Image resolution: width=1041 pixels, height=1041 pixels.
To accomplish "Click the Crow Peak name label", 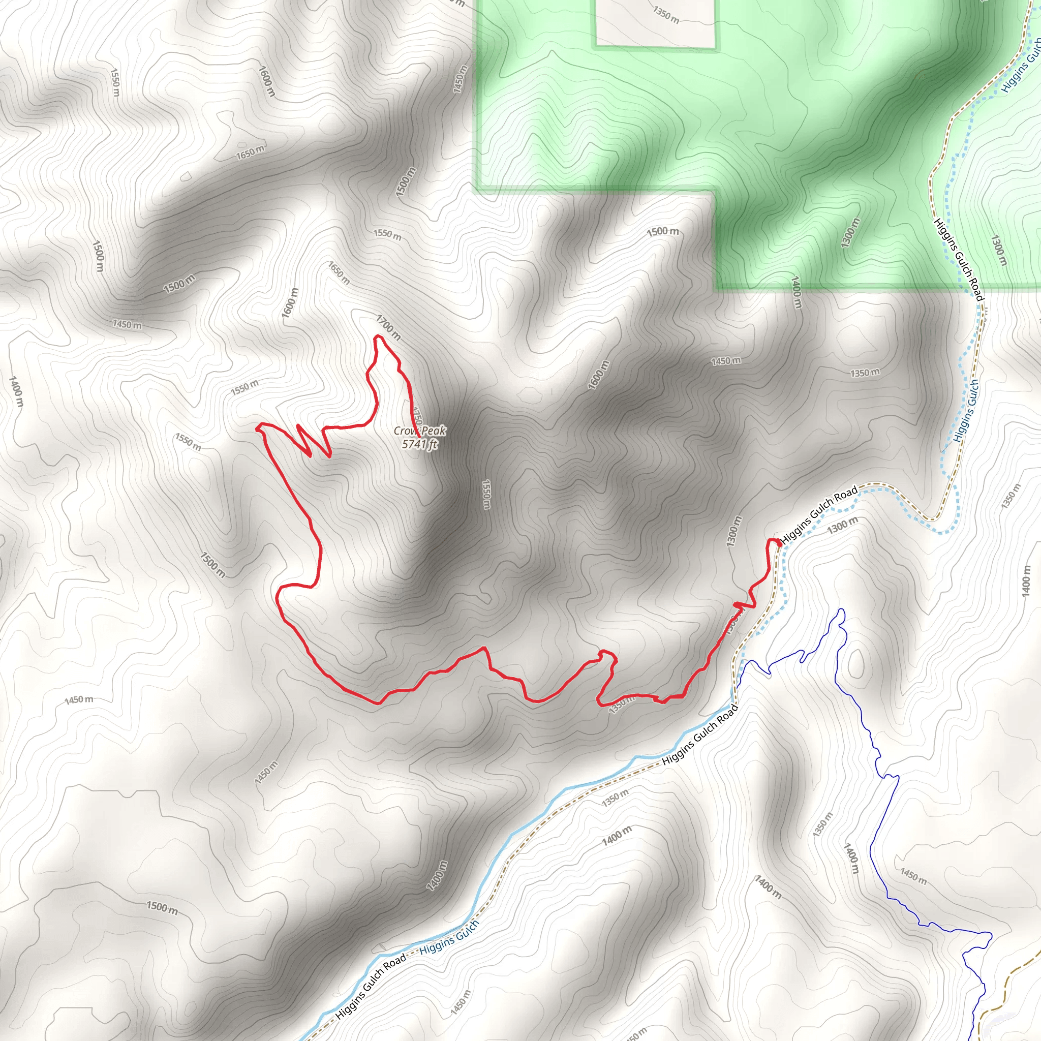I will [x=420, y=431].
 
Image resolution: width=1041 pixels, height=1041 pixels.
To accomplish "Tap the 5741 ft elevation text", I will [x=420, y=444].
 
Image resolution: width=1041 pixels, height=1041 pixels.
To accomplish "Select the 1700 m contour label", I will [x=388, y=327].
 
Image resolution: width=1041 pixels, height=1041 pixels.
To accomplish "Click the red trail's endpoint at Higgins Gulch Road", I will [x=779, y=544].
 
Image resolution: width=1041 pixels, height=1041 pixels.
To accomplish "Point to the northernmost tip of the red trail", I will [x=378, y=337].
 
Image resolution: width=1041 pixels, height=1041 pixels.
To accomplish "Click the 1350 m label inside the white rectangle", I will [x=666, y=15].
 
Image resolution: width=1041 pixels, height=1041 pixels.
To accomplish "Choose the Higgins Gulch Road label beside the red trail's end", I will [x=818, y=514].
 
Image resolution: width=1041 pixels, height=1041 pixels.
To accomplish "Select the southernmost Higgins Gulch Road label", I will [x=371, y=987].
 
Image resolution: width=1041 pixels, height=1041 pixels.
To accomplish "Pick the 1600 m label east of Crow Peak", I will [x=599, y=375].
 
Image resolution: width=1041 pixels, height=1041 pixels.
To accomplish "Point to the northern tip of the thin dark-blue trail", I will [x=841, y=610].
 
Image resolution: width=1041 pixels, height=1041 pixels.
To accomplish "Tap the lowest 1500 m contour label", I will [x=162, y=907].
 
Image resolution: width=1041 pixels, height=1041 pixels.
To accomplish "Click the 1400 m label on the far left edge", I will [x=16, y=392].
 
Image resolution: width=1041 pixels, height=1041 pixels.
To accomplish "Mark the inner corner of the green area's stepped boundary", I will [x=715, y=191].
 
